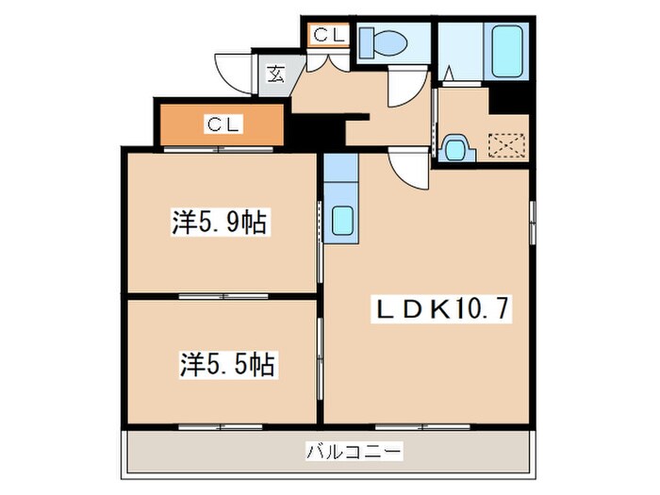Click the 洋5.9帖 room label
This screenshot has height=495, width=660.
coord(218,223)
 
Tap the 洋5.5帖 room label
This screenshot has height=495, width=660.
coord(228,363)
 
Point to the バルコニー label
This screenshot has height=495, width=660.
coord(354,453)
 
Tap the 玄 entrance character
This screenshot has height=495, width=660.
coord(275,74)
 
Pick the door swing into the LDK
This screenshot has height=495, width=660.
coord(412,170)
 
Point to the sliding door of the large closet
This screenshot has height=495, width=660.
coord(222,149)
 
